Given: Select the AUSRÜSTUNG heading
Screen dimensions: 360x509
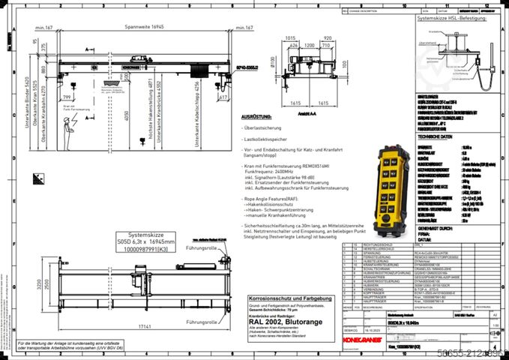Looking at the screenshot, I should [x=255, y=118].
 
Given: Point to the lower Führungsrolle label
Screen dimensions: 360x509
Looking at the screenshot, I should [x=202, y=301].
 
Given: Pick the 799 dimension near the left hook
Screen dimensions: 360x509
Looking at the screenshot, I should [x=67, y=97].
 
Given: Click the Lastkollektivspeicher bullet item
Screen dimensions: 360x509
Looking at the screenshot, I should [x=268, y=139].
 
